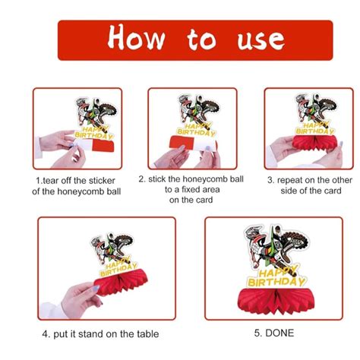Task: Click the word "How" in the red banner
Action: [137, 37]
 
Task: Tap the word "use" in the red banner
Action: [261, 40]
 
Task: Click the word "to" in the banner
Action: [202, 39]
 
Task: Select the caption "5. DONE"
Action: [274, 333]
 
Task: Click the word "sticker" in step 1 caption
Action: [100, 181]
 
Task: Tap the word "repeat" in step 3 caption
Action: [290, 180]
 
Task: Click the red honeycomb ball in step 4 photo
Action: [120, 283]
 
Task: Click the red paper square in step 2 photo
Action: [182, 142]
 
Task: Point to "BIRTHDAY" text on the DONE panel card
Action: [276, 283]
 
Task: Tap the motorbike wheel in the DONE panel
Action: [296, 242]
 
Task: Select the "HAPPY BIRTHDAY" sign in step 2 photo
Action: [197, 131]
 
